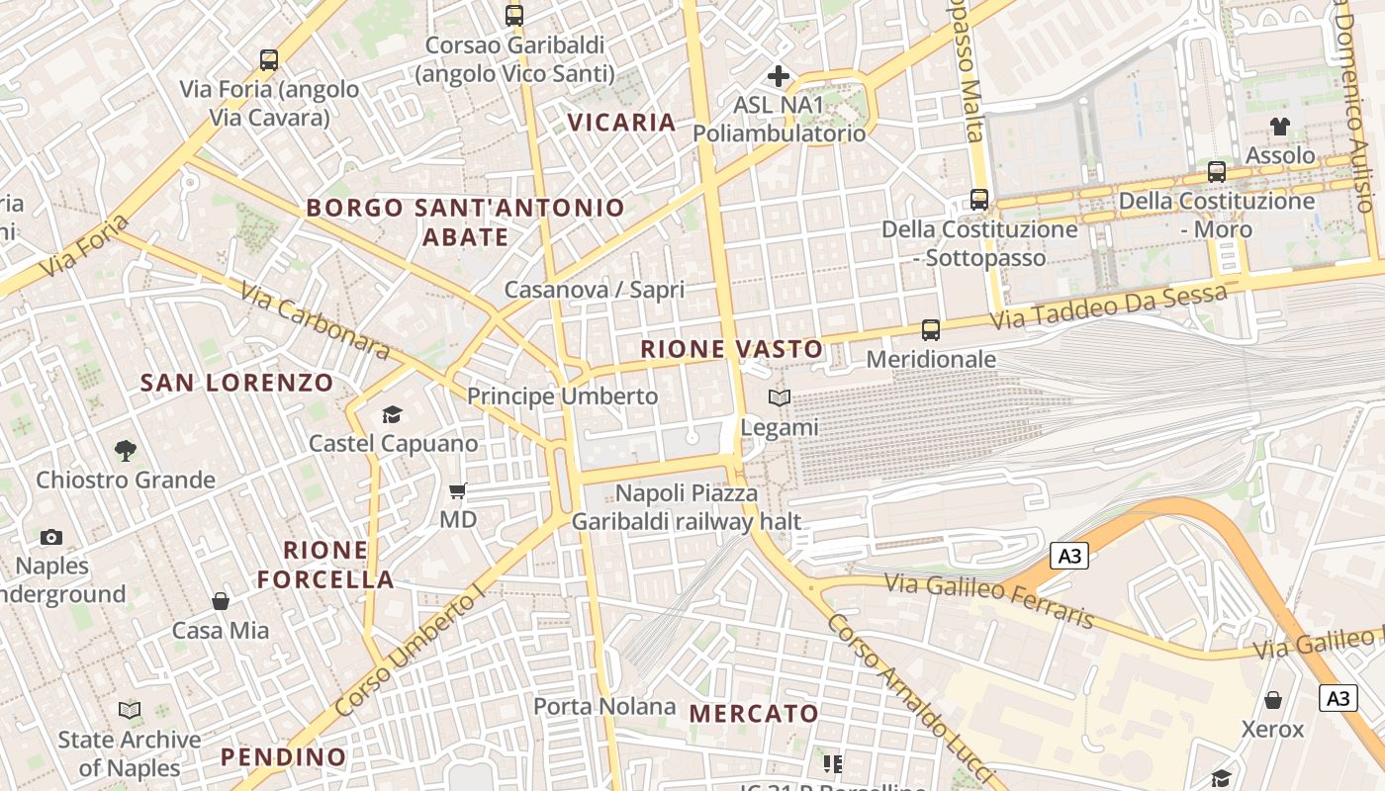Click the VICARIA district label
coord(621,123)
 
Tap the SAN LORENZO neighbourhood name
coord(236,383)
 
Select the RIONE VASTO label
coord(731,349)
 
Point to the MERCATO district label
coord(754,713)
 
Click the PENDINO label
coord(284,757)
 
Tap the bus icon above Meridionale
coord(930,329)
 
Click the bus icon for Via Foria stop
coord(269,59)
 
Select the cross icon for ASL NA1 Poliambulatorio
coord(779,75)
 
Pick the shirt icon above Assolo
coord(1280,126)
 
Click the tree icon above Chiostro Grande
coord(125,451)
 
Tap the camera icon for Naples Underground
coord(51,537)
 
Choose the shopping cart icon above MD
coord(457,490)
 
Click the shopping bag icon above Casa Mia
coord(221,601)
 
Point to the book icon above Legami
coord(780,397)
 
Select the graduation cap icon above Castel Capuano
coord(393,414)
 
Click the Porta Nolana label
coord(604,706)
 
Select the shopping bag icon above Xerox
coord(1273,700)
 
